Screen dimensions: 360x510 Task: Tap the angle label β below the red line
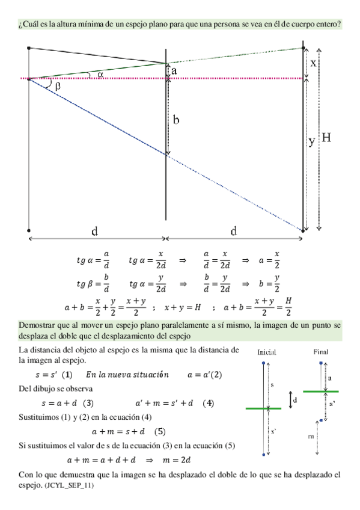[x=58, y=86]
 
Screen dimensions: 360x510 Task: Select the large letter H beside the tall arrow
[x=326, y=138]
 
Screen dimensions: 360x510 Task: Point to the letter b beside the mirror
[x=175, y=120]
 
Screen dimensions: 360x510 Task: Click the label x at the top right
[x=313, y=63]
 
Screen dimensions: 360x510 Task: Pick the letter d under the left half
[x=95, y=231]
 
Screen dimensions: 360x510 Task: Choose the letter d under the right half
[x=233, y=231]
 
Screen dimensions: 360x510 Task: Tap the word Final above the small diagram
[x=321, y=351]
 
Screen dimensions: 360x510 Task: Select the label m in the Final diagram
[x=311, y=435]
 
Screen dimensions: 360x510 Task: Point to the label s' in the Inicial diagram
[x=274, y=431]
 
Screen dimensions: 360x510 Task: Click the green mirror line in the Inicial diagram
[x=264, y=408]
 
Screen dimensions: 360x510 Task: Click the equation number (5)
[x=160, y=431]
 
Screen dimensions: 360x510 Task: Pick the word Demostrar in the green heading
[x=37, y=325]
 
